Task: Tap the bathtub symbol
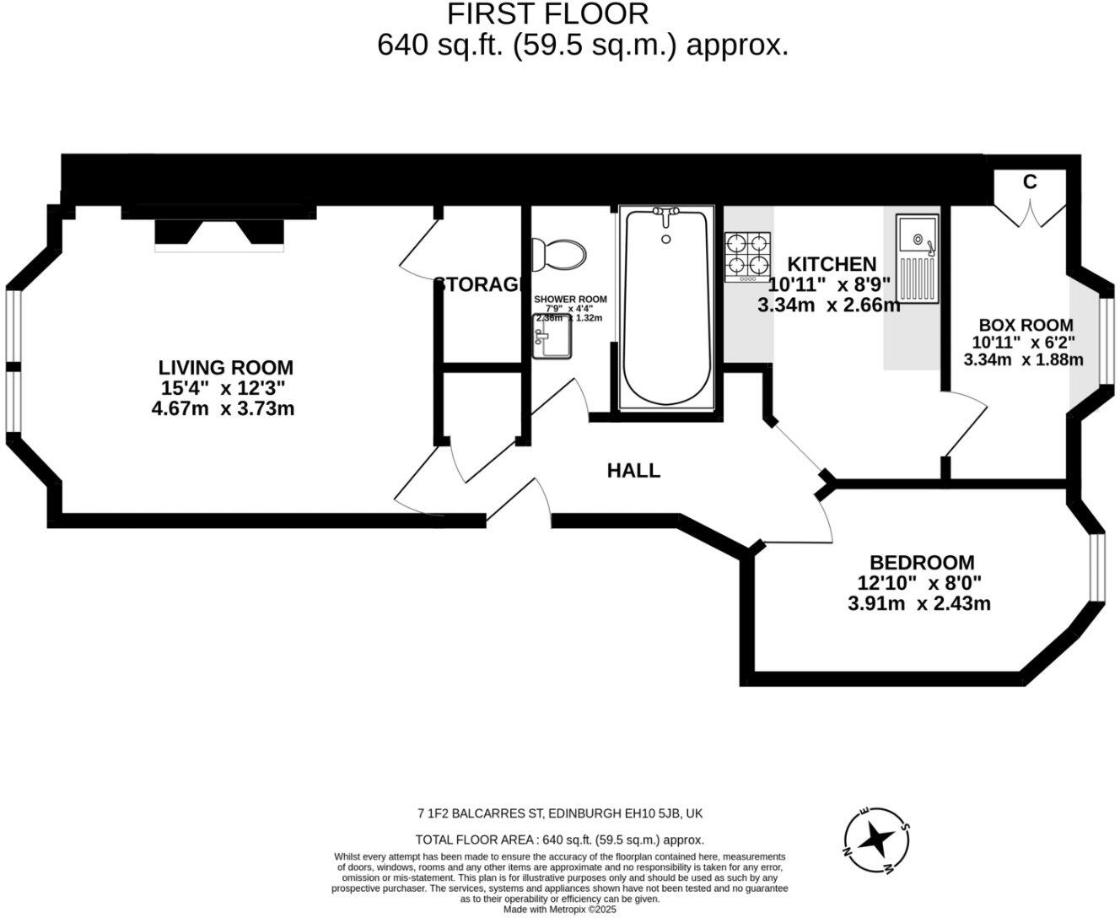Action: coord(666,308)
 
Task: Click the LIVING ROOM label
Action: coord(226,368)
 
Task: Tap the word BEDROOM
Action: coord(922,562)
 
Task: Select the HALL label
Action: coord(633,471)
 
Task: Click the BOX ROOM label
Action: coord(1026,325)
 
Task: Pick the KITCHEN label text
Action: coord(832,264)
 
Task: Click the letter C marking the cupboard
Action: coord(1029,182)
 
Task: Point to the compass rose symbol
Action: coord(877,840)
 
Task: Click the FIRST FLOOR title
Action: coord(547,14)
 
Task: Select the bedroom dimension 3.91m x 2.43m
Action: coord(918,603)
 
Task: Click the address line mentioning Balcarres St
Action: coord(560,814)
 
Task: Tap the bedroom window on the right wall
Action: coord(1096,568)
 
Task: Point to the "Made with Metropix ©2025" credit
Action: coord(560,910)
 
